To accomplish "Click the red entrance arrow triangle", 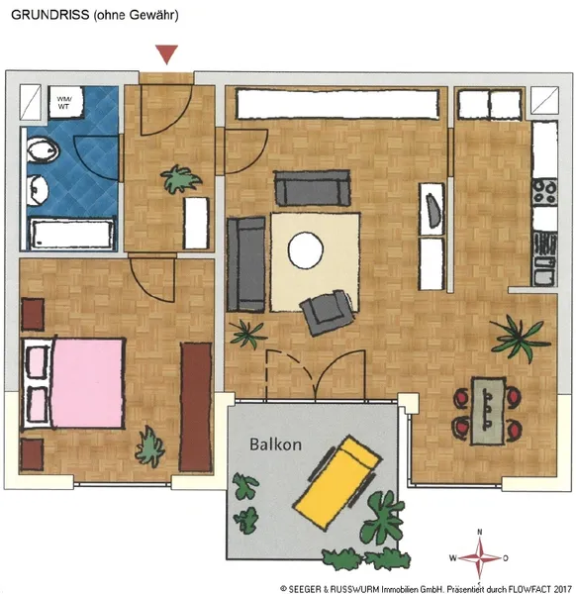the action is (x=166, y=54).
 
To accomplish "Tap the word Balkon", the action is (x=276, y=445).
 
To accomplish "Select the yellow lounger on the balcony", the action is (x=338, y=482).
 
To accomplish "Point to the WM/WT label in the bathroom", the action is (x=64, y=103).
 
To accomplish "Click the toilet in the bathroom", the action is (x=43, y=150).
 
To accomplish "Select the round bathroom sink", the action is (x=38, y=190).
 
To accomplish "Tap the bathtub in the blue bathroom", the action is (x=72, y=234).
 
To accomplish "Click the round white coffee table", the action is (x=305, y=250).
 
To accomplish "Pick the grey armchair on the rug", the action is (x=329, y=312).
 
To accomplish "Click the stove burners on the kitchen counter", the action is (x=544, y=192).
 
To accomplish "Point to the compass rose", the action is (x=479, y=558).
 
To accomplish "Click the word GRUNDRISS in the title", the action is (x=50, y=15).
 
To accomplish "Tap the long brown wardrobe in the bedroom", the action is (x=195, y=407).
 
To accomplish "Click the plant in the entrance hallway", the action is (x=180, y=179).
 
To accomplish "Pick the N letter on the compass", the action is (x=479, y=532).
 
